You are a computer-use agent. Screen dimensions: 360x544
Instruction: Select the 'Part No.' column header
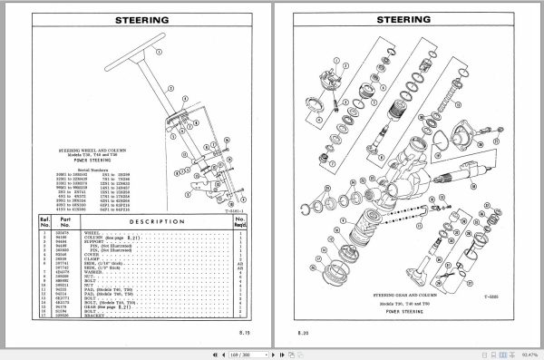tap(64, 220)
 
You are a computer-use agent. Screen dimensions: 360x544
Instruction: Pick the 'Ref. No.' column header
tap(44, 220)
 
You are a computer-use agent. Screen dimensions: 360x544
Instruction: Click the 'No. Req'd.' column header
tap(240, 220)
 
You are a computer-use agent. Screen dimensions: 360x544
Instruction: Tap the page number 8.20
tap(304, 334)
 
